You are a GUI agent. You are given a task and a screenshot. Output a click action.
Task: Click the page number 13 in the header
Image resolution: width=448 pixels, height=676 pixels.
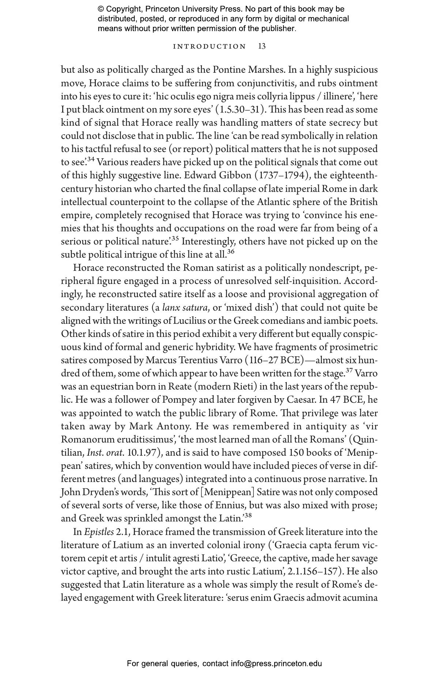tap(262, 46)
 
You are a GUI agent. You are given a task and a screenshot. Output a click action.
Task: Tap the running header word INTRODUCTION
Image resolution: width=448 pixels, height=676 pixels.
tap(210, 46)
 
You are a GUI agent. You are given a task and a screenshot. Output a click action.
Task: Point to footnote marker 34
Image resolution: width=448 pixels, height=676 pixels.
tap(91, 160)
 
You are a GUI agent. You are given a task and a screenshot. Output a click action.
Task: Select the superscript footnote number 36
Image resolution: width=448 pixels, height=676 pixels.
tap(230, 252)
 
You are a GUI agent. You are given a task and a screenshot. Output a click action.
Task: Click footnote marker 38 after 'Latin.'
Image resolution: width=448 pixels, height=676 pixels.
tap(248, 516)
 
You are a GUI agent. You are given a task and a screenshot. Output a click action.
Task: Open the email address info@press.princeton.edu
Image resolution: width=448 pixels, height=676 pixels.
tap(276, 664)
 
